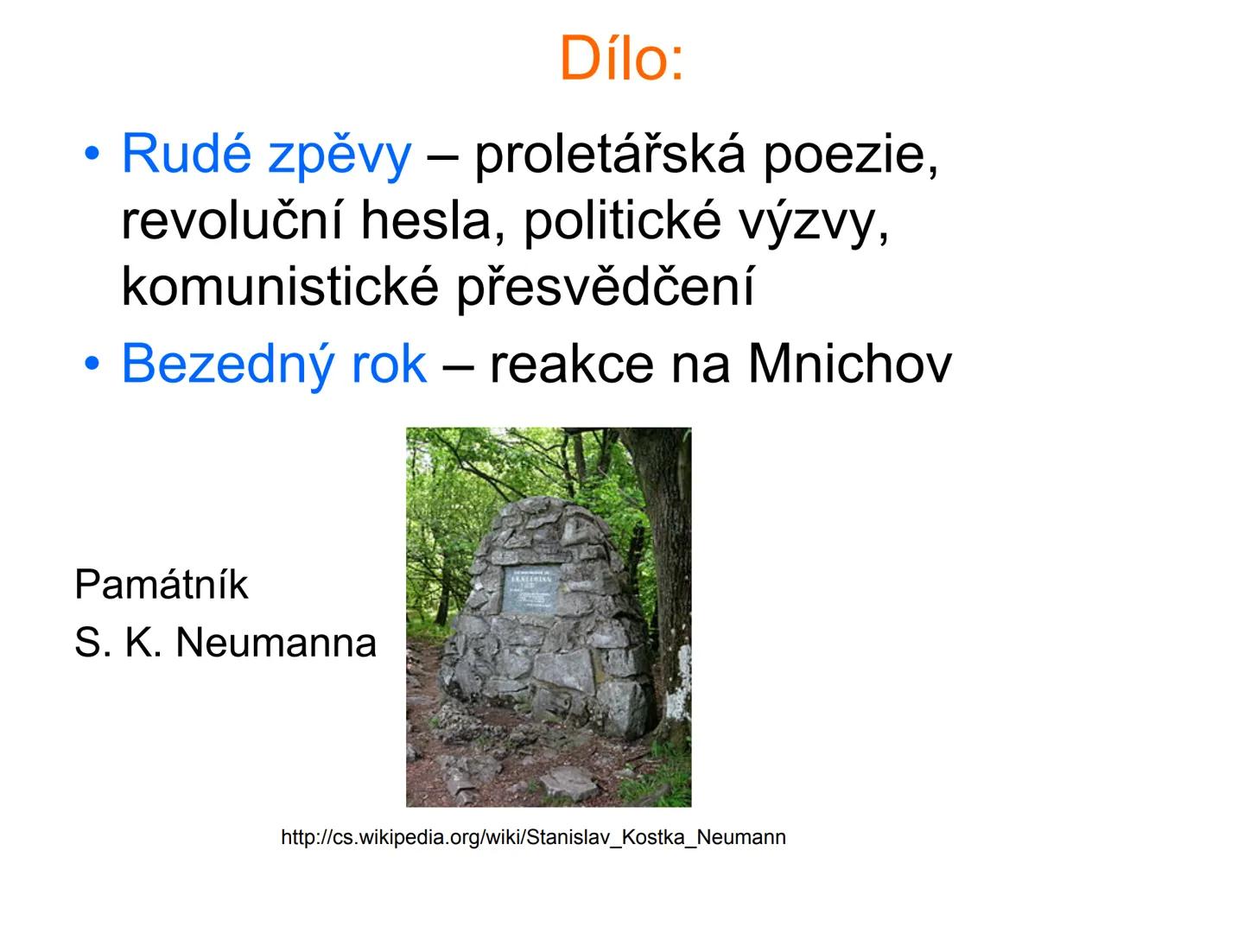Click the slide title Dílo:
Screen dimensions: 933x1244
coord(621,59)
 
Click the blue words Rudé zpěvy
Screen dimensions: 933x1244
coord(266,155)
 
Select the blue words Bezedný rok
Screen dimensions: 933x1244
coord(274,364)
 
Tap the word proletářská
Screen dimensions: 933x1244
coord(610,155)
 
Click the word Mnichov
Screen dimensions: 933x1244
coord(849,364)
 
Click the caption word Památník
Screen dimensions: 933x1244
coord(162,585)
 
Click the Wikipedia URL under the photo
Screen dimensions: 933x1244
coord(533,837)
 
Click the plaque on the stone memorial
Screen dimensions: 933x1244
coord(530,590)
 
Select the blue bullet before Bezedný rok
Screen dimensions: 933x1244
coord(91,364)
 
